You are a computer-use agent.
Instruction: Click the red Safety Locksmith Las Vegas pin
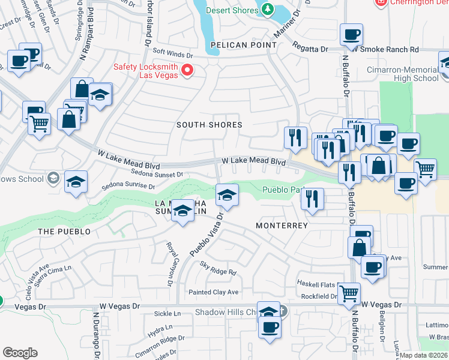pyautogui.click(x=187, y=71)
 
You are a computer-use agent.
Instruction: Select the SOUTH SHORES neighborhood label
pyautogui.click(x=209, y=125)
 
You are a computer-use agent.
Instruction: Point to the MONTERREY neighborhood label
pyautogui.click(x=282, y=226)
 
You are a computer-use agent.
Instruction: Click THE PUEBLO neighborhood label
pyautogui.click(x=64, y=232)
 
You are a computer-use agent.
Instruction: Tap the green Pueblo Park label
pyautogui.click(x=282, y=190)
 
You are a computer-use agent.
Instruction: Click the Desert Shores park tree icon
pyautogui.click(x=265, y=9)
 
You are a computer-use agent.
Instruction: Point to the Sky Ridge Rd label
pyautogui.click(x=218, y=271)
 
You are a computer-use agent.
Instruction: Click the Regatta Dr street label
pyautogui.click(x=310, y=47)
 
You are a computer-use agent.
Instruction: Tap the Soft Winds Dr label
pyautogui.click(x=174, y=53)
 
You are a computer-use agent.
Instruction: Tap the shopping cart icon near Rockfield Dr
pyautogui.click(x=349, y=293)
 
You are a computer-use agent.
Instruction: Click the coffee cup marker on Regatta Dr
pyautogui.click(x=351, y=35)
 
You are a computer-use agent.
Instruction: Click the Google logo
pyautogui.click(x=20, y=353)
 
